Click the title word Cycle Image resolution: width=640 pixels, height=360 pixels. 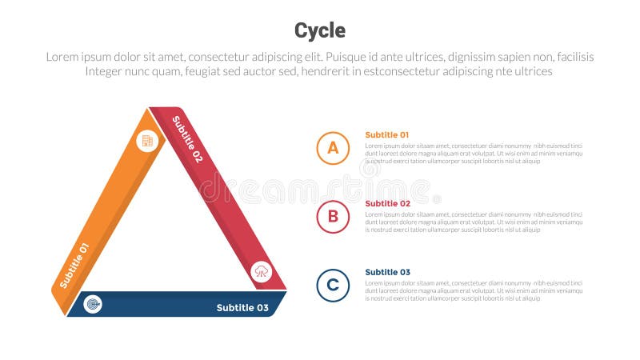320,30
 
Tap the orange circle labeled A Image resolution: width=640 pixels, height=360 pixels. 333,148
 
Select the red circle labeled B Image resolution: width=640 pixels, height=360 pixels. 333,217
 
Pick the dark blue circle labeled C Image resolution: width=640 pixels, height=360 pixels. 333,286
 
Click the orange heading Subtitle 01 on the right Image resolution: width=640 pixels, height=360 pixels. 387,135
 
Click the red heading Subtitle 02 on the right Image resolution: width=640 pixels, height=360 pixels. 387,204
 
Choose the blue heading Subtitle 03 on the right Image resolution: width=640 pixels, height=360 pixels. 387,272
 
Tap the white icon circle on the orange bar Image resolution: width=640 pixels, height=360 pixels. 147,141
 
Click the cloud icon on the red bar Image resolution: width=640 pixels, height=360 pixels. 262,272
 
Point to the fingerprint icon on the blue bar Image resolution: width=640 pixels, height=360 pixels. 93,304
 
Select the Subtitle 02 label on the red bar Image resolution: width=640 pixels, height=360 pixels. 188,138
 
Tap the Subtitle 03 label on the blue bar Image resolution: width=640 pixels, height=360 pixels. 242,308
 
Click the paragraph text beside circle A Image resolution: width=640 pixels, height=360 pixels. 474,154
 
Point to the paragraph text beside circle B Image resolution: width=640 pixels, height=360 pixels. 474,222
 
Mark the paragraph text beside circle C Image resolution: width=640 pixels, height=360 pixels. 474,290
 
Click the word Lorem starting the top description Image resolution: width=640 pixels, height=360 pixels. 63,57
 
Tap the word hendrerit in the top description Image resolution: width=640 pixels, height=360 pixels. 310,71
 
